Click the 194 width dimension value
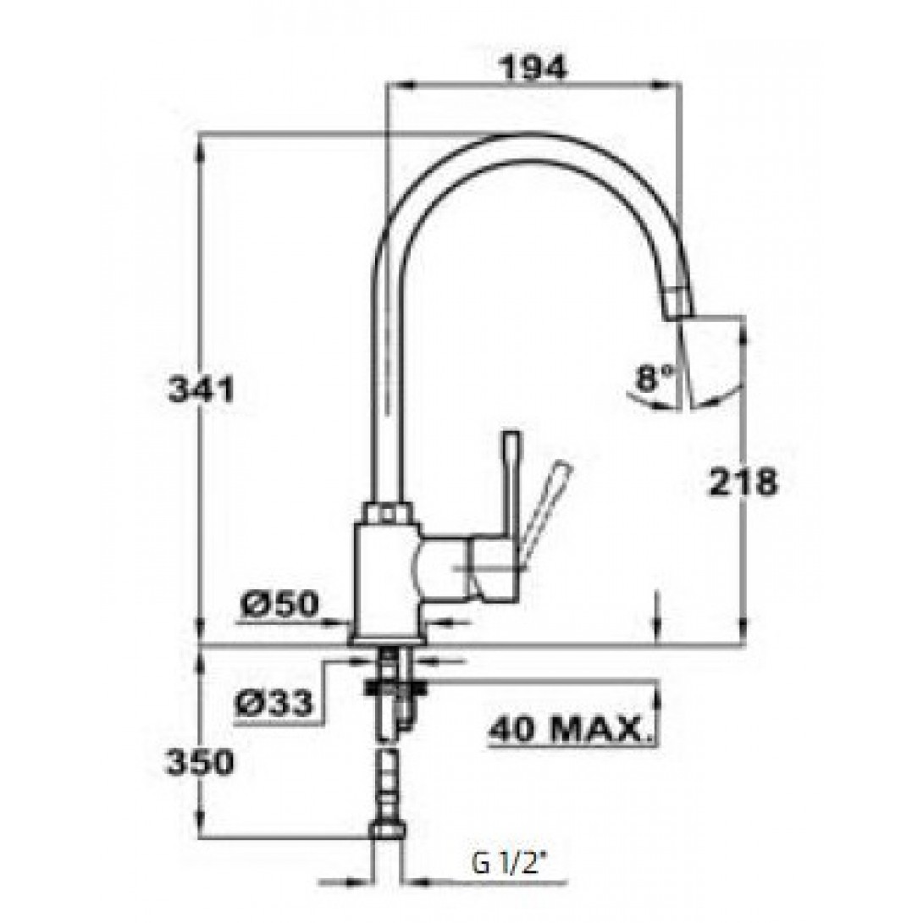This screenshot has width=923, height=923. coord(534,67)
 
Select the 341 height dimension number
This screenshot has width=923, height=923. coord(201,390)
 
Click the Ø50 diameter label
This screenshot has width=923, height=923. coord(280,604)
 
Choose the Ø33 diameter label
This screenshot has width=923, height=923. coord(273,703)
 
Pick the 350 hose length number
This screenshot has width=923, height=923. coord(201,764)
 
